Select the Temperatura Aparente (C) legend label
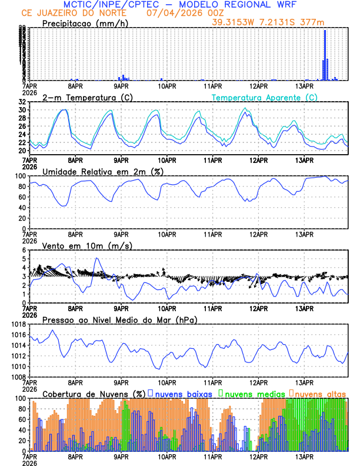(x=264, y=98)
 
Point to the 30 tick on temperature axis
(x=22, y=110)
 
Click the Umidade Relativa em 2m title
(x=102, y=171)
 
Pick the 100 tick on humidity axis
(x=21, y=176)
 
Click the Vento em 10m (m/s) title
(x=87, y=245)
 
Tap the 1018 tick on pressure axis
(x=19, y=324)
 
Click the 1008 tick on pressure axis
(x=19, y=377)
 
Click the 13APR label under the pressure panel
(x=304, y=382)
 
